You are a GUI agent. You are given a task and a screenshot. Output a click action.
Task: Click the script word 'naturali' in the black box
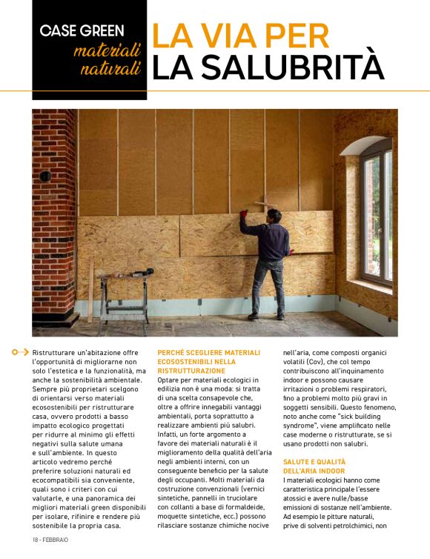[111, 70]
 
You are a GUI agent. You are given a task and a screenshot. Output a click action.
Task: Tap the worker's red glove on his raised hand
[243, 214]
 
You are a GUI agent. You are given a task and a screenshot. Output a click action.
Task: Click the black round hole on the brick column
[44, 176]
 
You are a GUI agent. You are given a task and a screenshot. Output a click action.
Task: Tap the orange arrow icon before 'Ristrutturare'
[22, 352]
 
